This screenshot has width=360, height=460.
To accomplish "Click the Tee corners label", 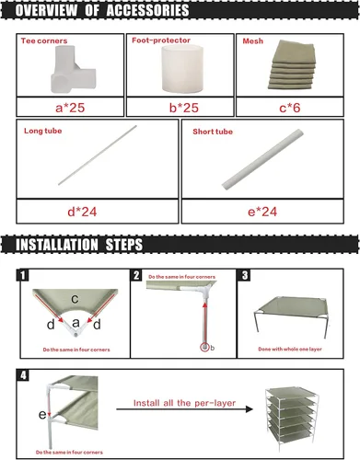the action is (x=44, y=40).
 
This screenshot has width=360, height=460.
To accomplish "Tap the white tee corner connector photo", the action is (x=74, y=69).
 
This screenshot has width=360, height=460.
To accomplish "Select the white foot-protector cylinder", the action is (x=182, y=68).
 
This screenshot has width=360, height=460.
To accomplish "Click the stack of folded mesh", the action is (x=292, y=64).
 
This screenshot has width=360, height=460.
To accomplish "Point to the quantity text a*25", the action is (x=70, y=108).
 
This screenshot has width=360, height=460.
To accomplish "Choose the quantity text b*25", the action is (x=184, y=108).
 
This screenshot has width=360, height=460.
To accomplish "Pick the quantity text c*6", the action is (x=290, y=108).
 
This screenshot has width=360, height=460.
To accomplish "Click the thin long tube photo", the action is (x=98, y=155).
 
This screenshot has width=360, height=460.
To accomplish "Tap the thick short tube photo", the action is (x=262, y=159).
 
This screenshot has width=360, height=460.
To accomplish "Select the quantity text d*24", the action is (x=82, y=212).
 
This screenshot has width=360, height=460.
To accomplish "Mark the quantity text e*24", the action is (x=262, y=212).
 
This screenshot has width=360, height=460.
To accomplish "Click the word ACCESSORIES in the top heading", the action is (x=147, y=10).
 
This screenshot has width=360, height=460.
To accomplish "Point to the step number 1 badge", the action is (x=22, y=275).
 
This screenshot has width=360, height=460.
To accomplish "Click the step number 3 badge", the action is (x=245, y=275).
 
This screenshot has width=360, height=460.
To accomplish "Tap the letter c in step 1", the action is (x=75, y=299).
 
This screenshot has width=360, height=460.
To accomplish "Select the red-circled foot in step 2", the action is (x=204, y=348).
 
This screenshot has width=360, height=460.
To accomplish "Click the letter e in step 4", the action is (x=42, y=415).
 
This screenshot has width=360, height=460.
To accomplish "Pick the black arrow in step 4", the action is (x=184, y=409).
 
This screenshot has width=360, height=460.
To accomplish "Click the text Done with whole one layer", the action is (x=290, y=349).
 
